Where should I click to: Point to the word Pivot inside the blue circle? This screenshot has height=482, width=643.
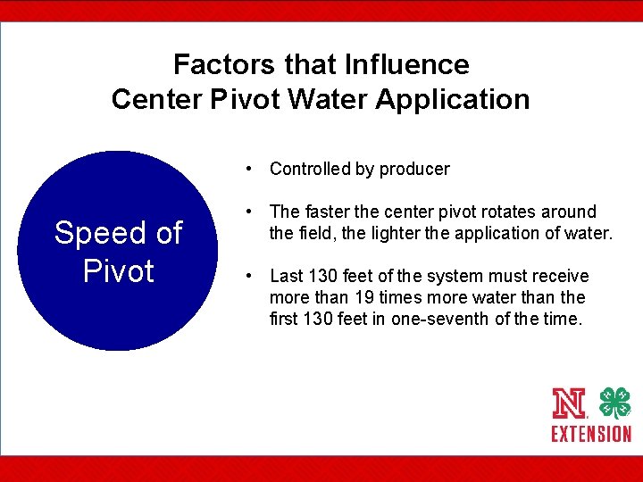click(119, 270)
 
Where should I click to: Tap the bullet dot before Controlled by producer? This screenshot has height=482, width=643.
click(254, 169)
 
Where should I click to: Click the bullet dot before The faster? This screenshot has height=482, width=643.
click(254, 212)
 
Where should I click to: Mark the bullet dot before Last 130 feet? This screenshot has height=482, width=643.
click(254, 276)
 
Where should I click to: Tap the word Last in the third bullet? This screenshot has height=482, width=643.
click(287, 276)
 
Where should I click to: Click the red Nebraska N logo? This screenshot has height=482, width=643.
click(569, 404)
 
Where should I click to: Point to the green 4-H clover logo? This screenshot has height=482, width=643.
click(614, 403)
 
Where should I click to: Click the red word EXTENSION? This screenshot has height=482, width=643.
click(591, 434)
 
